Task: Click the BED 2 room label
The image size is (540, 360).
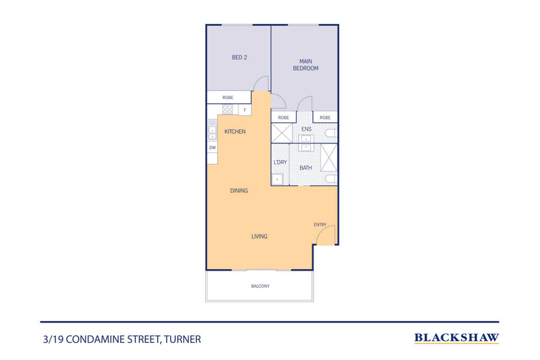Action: (239, 57)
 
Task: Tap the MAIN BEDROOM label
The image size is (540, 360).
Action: (306, 65)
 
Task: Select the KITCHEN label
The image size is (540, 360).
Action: (234, 131)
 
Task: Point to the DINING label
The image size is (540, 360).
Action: (239, 191)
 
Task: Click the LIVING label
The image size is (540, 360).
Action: (259, 236)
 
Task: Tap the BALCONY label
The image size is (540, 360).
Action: (260, 286)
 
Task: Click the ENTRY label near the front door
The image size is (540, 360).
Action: (320, 225)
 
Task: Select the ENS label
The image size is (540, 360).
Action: (307, 128)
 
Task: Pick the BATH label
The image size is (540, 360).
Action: (306, 167)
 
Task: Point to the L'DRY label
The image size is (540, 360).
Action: (280, 163)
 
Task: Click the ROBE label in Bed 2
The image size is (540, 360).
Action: (228, 98)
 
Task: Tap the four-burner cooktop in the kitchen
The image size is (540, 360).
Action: (228, 109)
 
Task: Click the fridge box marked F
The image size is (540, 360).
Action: (243, 109)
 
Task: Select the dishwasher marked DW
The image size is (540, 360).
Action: (213, 148)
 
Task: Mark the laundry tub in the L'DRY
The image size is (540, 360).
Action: (278, 180)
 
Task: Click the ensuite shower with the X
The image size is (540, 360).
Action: (282, 133)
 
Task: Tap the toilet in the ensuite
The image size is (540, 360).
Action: (331, 133)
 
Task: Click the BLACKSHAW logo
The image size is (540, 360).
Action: (456, 337)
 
